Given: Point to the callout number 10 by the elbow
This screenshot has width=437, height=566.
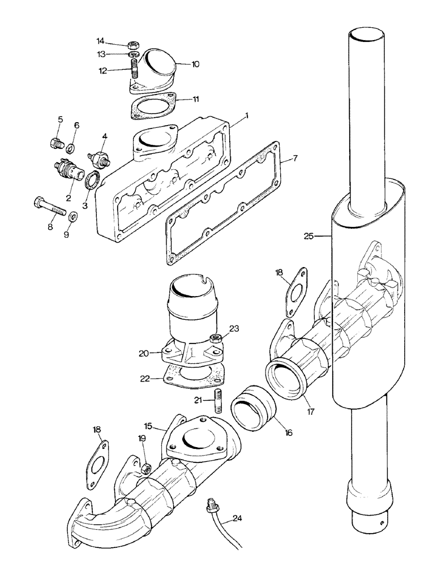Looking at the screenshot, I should [195, 65].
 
